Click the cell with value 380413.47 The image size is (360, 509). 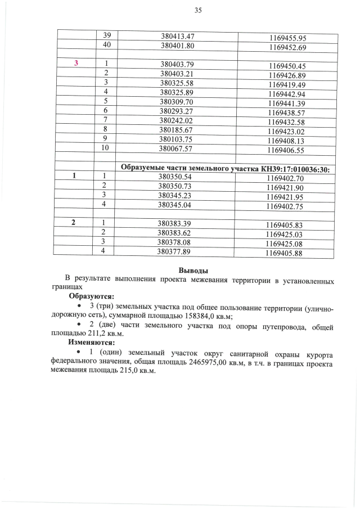[x=178, y=35]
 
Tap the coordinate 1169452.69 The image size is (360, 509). [x=287, y=48]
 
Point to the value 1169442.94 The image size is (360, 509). [x=286, y=94]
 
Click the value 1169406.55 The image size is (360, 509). [x=286, y=151]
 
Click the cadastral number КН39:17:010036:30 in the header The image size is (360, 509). [x=295, y=169]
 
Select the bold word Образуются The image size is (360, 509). [x=91, y=296]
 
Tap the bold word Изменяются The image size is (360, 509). [x=91, y=341]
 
